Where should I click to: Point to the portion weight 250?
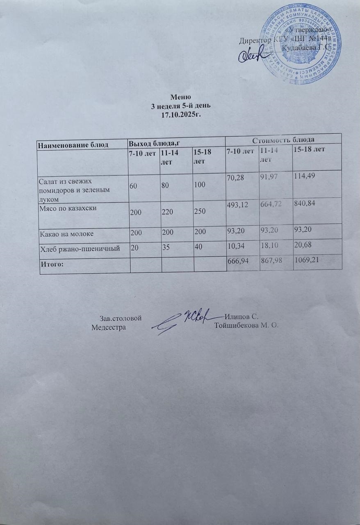coord(200,212)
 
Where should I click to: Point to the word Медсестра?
coord(109,326)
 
